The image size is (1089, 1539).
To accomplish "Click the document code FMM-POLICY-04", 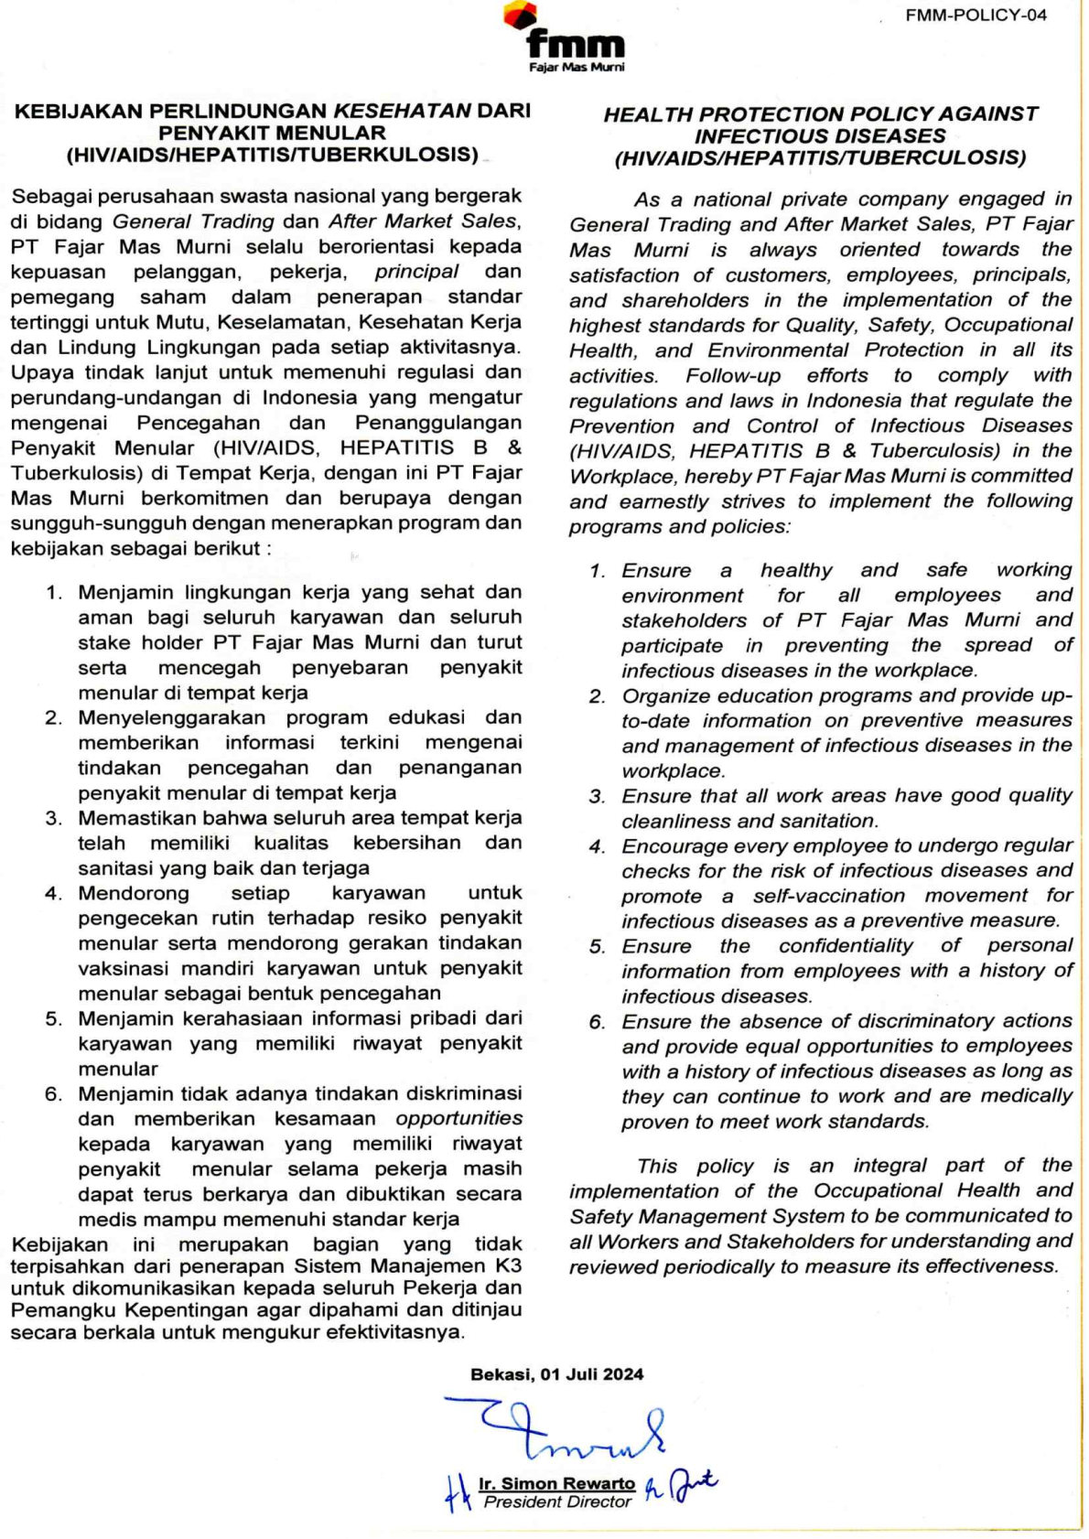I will coord(976,15).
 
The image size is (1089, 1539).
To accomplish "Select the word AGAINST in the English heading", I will coord(989,114).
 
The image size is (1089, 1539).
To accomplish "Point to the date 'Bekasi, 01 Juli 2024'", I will coord(556,1374).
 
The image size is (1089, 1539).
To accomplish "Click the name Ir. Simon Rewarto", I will coord(556,1483).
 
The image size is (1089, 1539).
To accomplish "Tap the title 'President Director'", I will coord(557,1502).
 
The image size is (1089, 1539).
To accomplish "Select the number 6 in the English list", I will coord(597,1022).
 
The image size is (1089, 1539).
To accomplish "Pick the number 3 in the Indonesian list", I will coord(53,818).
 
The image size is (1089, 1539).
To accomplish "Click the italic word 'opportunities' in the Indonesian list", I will coord(458,1118).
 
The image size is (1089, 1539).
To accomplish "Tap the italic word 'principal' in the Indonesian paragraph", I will coord(416,272).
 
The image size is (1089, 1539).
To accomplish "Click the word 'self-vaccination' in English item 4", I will coord(828,896).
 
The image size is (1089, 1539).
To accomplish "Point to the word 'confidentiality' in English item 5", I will coord(846,946).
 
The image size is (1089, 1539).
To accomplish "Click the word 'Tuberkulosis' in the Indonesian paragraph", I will coord(67,473).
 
